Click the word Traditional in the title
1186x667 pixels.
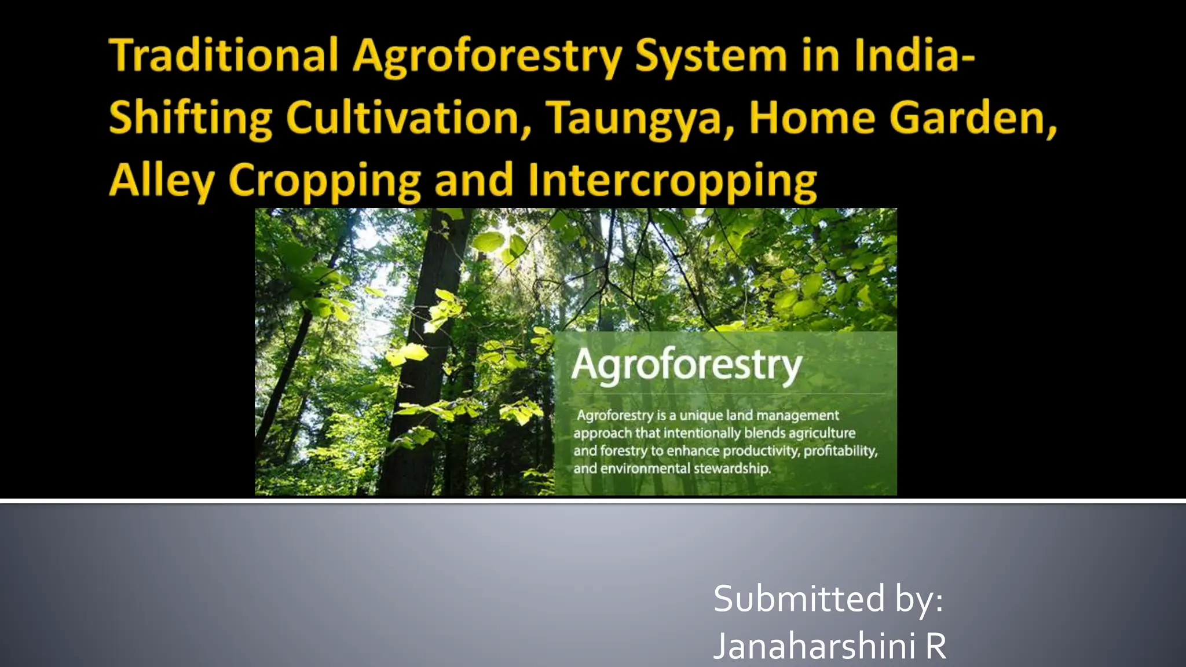tap(224, 56)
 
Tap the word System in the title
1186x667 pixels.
tap(711, 57)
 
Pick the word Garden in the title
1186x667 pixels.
tap(973, 118)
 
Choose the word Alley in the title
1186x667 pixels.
tap(162, 181)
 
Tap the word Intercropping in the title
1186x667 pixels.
tap(672, 181)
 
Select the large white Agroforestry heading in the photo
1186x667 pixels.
tap(687, 365)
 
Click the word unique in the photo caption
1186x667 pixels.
tap(701, 415)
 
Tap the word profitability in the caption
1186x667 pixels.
tap(840, 450)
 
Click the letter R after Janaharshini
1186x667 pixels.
tap(936, 646)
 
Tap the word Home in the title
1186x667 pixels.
tap(811, 118)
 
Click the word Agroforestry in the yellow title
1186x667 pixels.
tap(487, 57)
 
